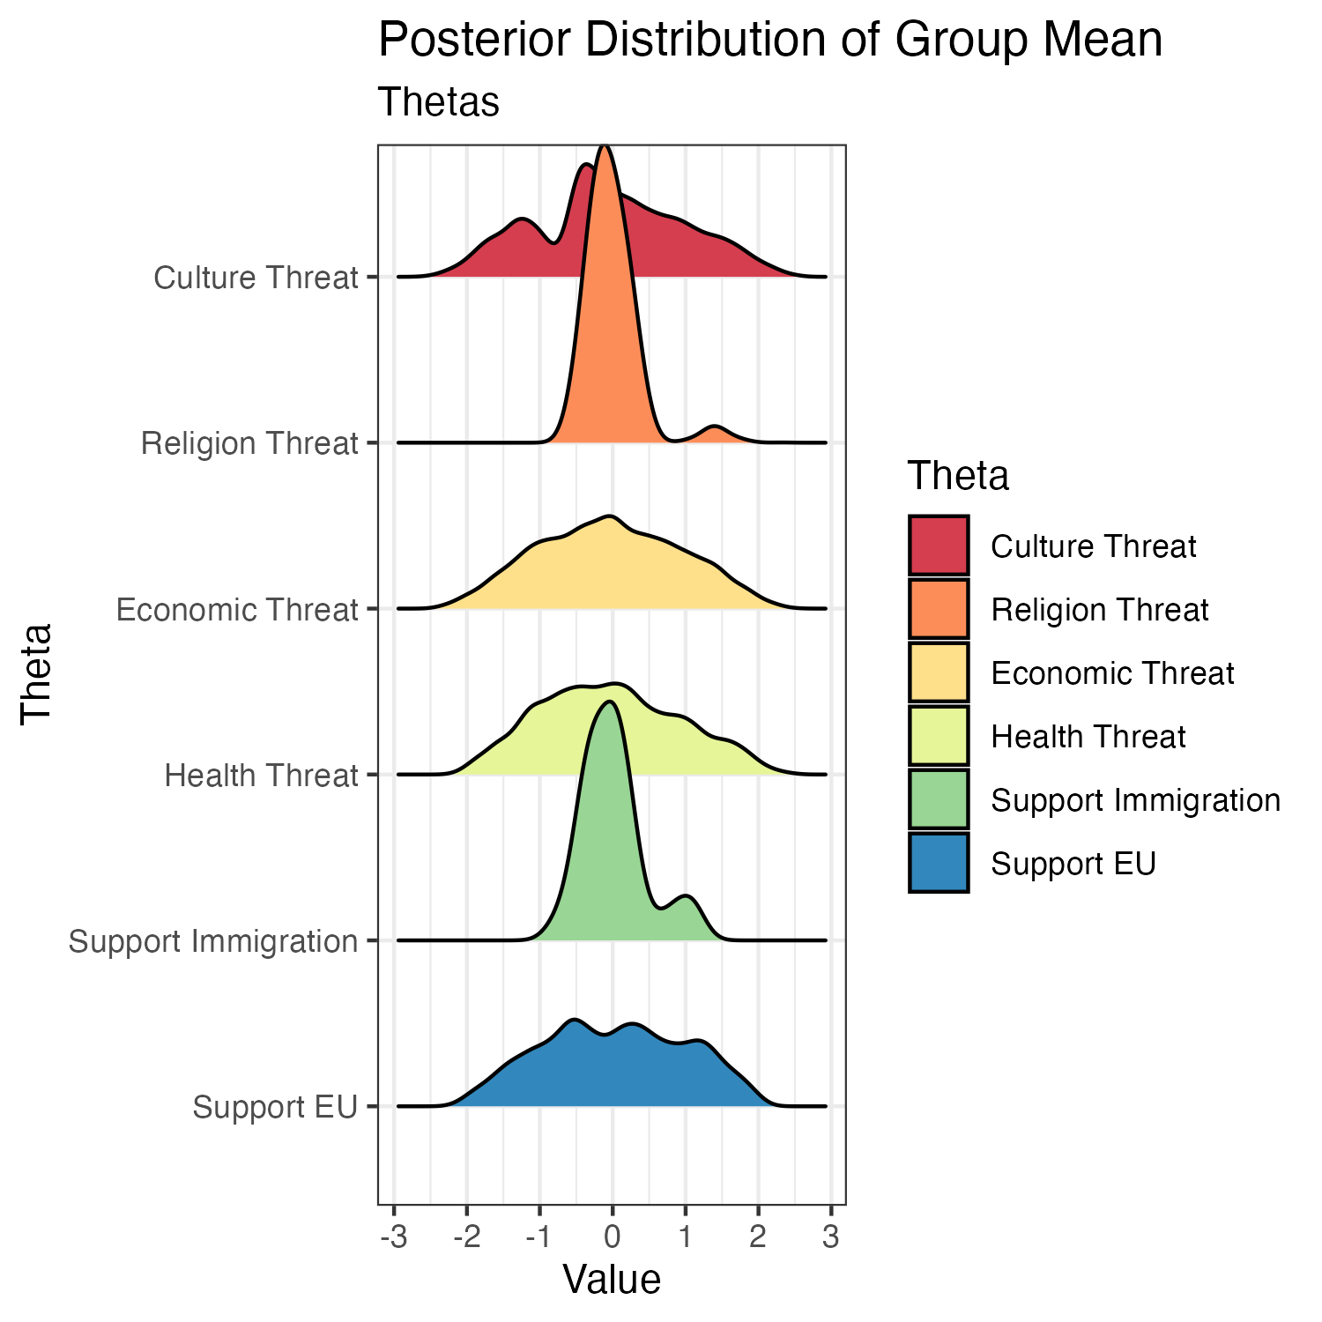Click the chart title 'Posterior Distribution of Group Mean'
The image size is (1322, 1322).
click(x=770, y=41)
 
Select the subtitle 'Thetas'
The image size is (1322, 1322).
click(x=438, y=102)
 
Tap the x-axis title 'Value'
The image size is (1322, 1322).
click(x=612, y=1280)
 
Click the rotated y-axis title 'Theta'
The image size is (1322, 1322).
click(x=37, y=674)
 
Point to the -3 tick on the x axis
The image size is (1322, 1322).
click(x=393, y=1237)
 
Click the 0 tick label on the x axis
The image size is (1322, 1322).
click(x=612, y=1237)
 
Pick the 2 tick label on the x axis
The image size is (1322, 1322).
click(x=757, y=1237)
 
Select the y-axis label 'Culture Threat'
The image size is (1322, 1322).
click(x=256, y=278)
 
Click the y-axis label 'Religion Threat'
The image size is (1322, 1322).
click(x=249, y=443)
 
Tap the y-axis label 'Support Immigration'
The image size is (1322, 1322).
click(x=213, y=941)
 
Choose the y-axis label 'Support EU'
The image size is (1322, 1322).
click(x=275, y=1107)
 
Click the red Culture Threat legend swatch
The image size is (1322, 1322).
click(x=939, y=546)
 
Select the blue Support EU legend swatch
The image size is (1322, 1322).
click(x=939, y=864)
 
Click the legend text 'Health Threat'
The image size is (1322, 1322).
click(x=1088, y=737)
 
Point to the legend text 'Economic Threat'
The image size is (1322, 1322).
click(x=1112, y=673)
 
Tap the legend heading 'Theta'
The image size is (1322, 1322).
click(x=958, y=476)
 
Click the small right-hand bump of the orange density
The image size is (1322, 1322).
click(x=715, y=434)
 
